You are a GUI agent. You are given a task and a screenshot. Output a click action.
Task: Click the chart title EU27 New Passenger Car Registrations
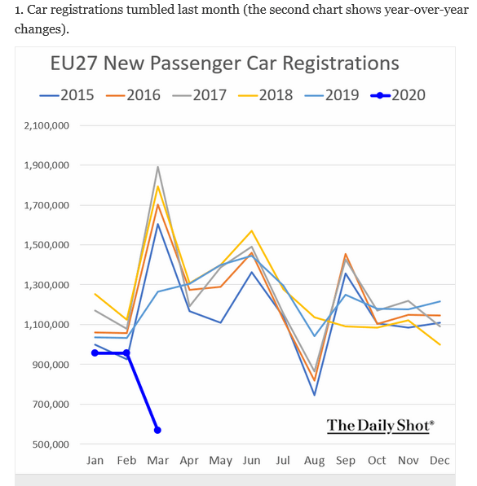pyautogui.click(x=225, y=63)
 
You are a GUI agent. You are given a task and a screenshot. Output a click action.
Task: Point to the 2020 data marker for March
pyautogui.click(x=157, y=430)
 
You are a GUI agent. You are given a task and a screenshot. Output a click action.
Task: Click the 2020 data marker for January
pyautogui.click(x=95, y=352)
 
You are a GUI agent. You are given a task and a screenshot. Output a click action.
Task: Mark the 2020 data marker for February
pyautogui.click(x=126, y=352)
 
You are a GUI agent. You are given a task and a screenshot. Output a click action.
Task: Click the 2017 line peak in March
pyautogui.click(x=157, y=167)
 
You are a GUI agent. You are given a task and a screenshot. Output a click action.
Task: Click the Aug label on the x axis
pyautogui.click(x=314, y=461)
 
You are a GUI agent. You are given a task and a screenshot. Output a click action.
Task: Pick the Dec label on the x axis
pyautogui.click(x=439, y=461)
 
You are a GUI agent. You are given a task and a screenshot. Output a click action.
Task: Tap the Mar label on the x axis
pyautogui.click(x=157, y=461)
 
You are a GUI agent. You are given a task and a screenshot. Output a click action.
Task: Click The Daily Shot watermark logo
pyautogui.click(x=380, y=425)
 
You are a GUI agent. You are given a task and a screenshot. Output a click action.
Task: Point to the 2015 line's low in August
pyautogui.click(x=314, y=395)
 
